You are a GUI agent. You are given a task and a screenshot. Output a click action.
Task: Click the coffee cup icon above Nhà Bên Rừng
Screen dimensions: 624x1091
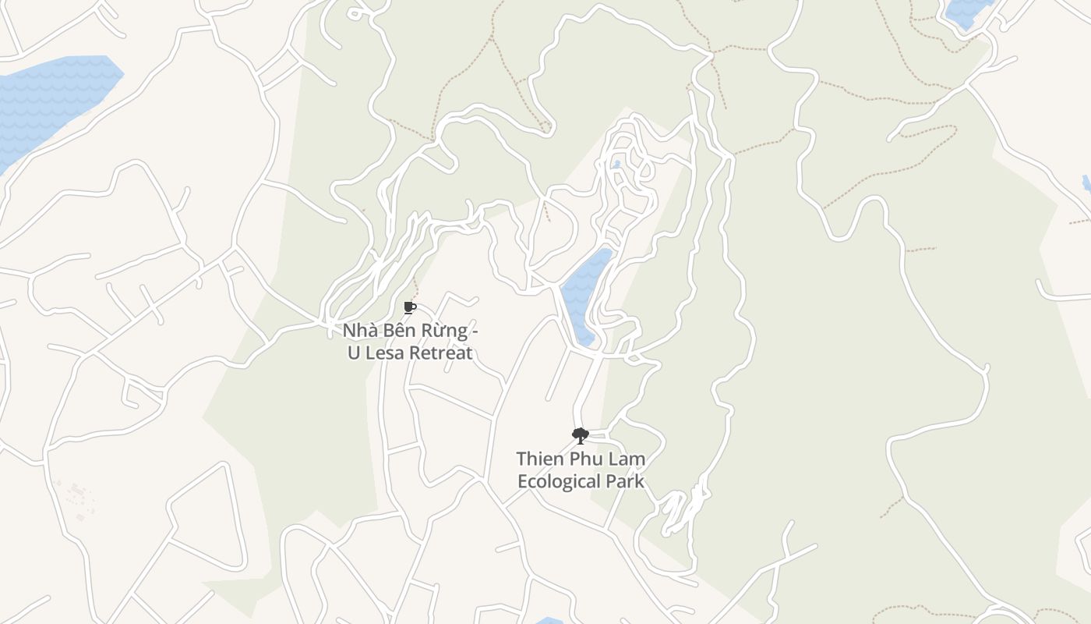coord(410,307)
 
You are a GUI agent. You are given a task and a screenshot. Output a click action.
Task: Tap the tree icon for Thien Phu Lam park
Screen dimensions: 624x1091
coord(579,435)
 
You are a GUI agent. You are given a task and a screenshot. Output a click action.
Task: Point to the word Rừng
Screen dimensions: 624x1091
coord(444,331)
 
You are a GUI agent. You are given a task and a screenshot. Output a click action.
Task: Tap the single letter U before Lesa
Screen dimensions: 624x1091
coord(353,353)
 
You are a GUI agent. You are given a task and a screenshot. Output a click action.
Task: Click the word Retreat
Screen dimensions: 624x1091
coord(442,353)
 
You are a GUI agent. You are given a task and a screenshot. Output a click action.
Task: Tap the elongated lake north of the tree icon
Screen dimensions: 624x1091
coord(583,292)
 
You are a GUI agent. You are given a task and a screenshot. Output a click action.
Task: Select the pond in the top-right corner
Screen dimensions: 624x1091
coord(966,11)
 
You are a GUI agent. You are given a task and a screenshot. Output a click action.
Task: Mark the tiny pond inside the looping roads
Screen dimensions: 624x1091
coord(616,165)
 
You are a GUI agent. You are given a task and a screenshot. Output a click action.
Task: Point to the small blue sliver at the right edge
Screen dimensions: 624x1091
coord(1086,183)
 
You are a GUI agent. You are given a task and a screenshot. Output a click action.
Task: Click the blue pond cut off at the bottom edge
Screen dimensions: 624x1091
coord(549,621)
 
